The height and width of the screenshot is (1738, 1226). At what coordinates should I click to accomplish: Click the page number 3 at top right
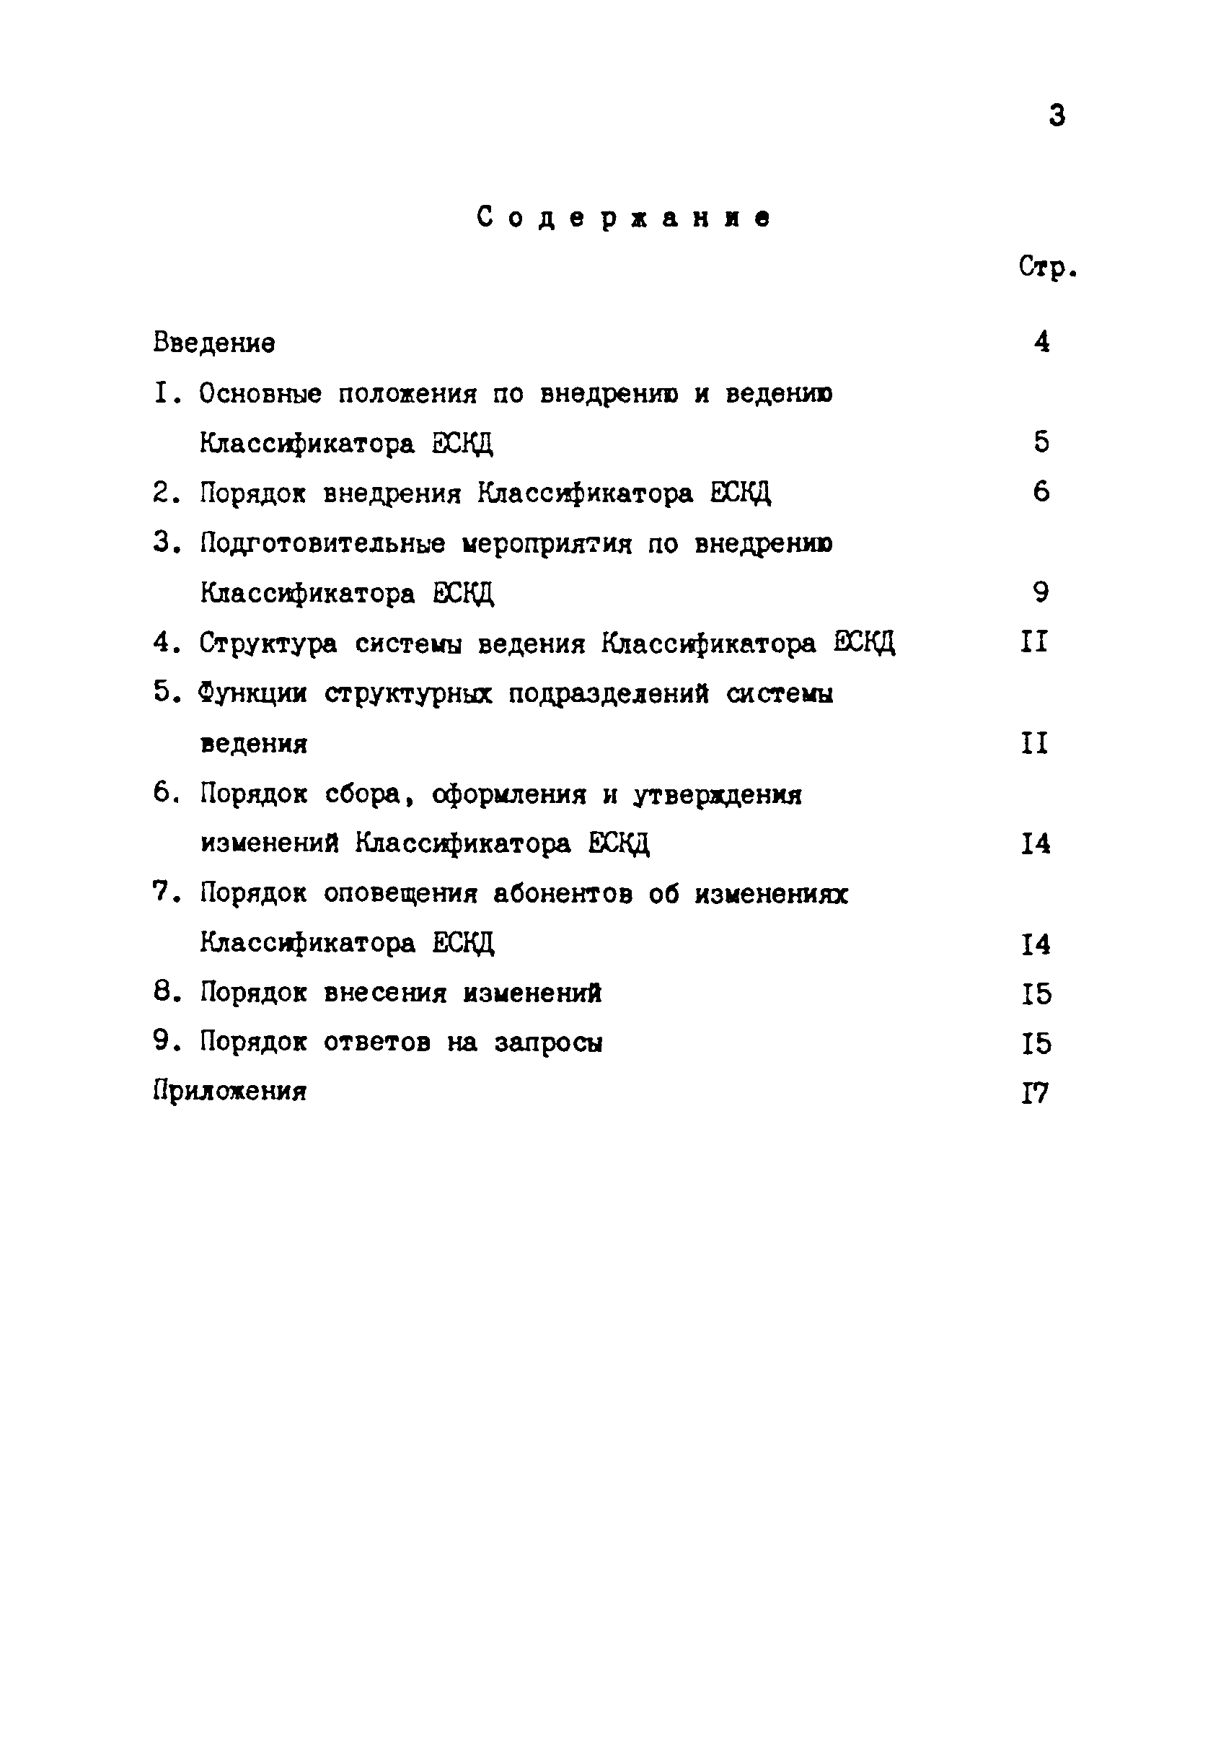(1057, 116)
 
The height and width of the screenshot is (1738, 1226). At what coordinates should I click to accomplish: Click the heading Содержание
(625, 218)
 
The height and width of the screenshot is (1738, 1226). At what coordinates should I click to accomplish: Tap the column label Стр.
(1046, 267)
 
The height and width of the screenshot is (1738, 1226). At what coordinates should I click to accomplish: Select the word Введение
(214, 343)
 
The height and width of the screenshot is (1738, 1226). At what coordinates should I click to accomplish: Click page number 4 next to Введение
(1042, 342)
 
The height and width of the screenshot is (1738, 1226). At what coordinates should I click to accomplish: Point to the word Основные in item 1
(260, 394)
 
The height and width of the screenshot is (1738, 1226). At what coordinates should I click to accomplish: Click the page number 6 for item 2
(1041, 492)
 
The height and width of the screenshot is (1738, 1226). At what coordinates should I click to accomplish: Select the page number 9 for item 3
(1041, 592)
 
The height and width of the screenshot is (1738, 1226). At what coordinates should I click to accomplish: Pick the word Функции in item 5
(252, 693)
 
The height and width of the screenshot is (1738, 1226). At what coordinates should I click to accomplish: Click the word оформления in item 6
(509, 794)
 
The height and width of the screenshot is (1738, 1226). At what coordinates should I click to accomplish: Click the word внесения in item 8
(385, 993)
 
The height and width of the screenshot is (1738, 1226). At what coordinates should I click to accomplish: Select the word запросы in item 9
(549, 1043)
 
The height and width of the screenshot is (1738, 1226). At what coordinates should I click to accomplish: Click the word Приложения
(230, 1092)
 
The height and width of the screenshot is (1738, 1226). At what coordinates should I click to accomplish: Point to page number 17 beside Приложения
(1036, 1093)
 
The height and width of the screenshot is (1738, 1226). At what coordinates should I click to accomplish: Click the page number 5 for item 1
(1041, 442)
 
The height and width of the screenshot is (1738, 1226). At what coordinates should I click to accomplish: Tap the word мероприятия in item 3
(547, 543)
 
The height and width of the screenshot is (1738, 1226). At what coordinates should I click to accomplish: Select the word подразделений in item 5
(609, 693)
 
